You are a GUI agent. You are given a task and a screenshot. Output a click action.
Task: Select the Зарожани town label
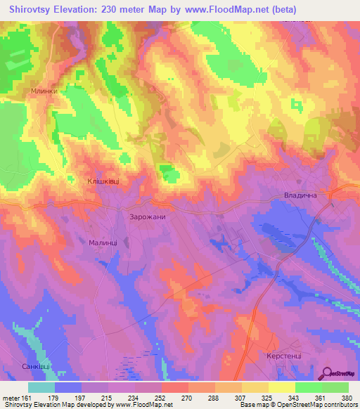click(x=148, y=217)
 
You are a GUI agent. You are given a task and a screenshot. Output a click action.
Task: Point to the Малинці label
click(x=103, y=242)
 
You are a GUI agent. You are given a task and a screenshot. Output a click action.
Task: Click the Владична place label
click(x=303, y=195)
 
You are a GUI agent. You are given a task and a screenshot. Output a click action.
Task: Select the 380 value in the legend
click(x=348, y=398)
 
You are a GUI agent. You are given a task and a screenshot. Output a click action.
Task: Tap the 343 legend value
click(x=295, y=398)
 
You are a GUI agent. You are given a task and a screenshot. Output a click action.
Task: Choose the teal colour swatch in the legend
click(x=41, y=387)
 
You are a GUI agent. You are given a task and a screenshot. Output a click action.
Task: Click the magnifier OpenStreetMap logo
click(x=328, y=374)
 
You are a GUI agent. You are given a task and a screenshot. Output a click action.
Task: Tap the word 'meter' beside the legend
click(x=11, y=398)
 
